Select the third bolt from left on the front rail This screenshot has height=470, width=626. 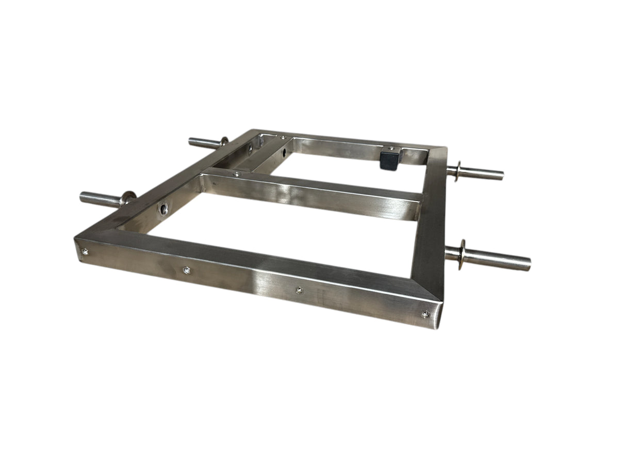pos(299,290)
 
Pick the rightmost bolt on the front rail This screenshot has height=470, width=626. pos(425,313)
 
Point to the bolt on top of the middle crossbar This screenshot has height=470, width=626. pos(236,174)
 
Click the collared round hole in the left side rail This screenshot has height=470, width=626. pos(163,209)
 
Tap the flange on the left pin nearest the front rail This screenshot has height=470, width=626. pos(127,198)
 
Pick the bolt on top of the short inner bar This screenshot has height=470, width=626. pos(283,138)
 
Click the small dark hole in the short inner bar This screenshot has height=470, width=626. pos(282,153)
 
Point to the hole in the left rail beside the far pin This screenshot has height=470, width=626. pos(250,150)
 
